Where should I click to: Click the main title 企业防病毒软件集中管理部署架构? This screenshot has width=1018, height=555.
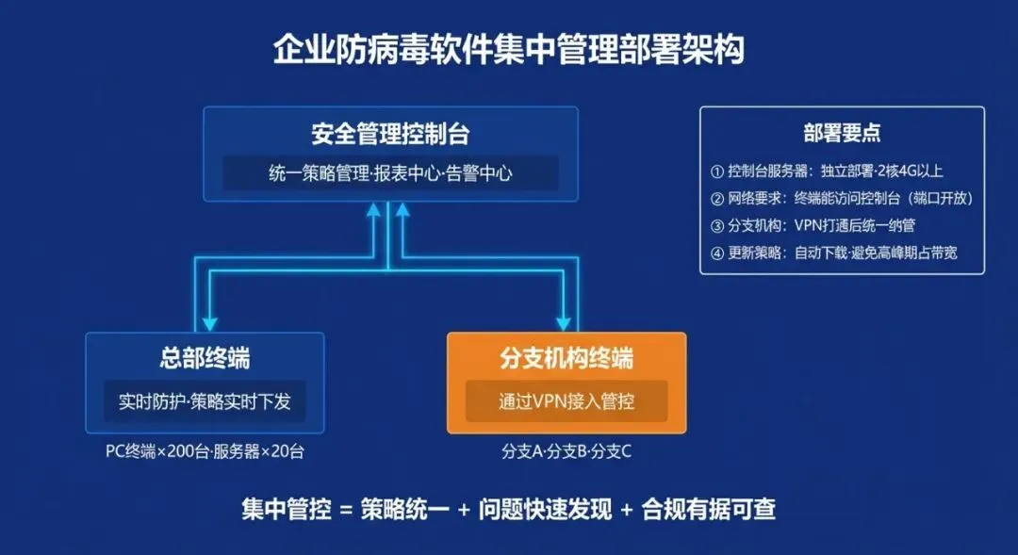[508, 50]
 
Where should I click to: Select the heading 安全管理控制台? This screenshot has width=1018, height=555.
[390, 135]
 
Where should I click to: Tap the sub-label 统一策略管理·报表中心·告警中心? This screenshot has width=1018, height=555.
[390, 173]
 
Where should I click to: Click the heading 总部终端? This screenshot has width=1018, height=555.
[205, 359]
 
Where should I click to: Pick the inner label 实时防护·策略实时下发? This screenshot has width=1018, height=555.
[205, 401]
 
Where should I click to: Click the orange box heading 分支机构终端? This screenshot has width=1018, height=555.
[566, 359]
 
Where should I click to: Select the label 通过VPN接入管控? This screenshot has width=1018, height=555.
[566, 401]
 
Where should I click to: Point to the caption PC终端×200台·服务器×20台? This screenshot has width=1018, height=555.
[205, 451]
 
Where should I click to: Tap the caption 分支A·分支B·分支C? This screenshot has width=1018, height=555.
[566, 451]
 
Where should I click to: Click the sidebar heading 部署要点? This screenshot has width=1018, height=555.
[842, 134]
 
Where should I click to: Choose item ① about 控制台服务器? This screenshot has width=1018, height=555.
[827, 171]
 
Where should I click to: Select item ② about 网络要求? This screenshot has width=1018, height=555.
[841, 199]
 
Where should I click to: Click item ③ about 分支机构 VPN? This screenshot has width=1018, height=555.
[813, 226]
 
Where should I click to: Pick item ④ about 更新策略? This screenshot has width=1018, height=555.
[833, 253]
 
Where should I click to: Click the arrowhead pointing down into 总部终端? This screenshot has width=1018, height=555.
[207, 320]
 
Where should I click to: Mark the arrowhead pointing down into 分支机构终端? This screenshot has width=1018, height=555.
[566, 320]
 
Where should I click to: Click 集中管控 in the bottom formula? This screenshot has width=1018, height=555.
[287, 510]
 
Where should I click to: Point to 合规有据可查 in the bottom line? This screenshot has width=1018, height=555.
[708, 510]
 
